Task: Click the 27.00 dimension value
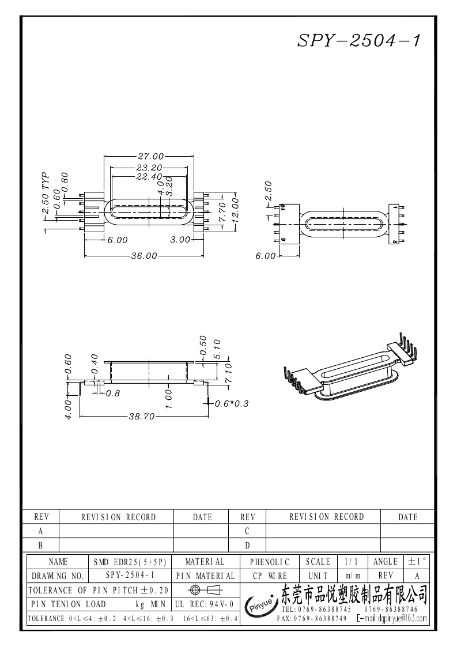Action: coord(150,156)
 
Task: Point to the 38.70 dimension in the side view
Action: coord(141,417)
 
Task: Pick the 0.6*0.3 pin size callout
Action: coord(231,404)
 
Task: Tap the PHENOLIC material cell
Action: coord(270,562)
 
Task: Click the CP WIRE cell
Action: coord(270,576)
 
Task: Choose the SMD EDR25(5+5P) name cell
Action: coord(130,562)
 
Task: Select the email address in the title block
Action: coord(392,619)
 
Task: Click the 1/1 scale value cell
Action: coord(350,562)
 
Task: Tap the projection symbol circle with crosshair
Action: coord(195,590)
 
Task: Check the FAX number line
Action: coord(311,619)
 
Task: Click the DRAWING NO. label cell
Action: coord(58,576)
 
